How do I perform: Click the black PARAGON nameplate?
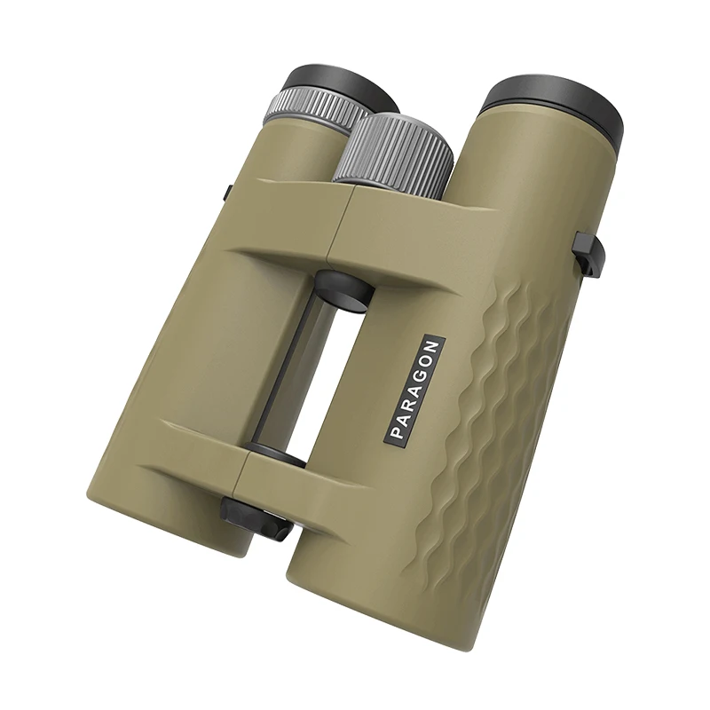click(414, 388)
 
